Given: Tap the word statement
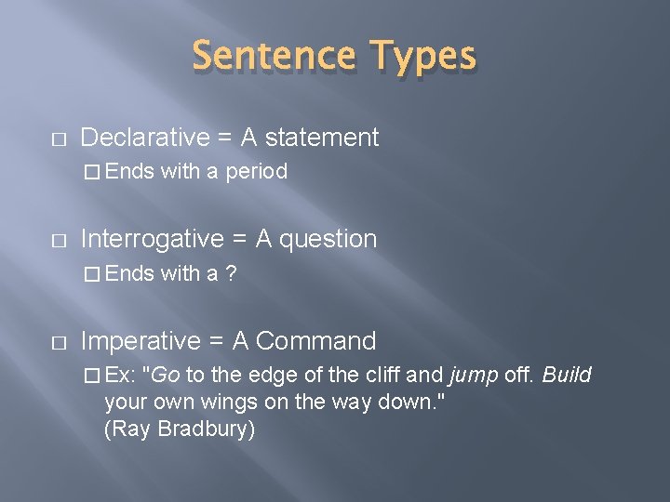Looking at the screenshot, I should point(322,139).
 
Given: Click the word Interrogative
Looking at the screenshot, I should point(153,240).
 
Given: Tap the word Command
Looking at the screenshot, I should point(315,341).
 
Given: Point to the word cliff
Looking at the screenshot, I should point(382,376).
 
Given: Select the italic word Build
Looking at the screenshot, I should point(566,376).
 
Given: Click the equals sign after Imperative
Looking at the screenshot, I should point(215,342).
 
